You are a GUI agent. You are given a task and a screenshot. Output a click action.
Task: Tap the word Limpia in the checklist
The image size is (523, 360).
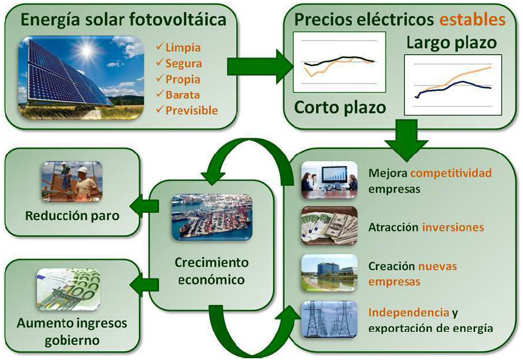point(182,47)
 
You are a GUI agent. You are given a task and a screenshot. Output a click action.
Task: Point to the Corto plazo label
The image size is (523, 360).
point(340,107)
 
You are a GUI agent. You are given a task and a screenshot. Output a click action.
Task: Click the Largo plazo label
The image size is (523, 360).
point(451,43)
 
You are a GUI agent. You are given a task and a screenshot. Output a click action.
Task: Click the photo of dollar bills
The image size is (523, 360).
point(329,226)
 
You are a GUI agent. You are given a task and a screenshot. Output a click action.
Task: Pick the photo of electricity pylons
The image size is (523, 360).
point(329,320)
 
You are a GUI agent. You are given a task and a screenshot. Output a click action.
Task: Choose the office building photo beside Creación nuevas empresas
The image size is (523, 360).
point(329,273)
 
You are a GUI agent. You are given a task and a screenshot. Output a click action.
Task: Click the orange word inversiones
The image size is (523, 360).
point(453,227)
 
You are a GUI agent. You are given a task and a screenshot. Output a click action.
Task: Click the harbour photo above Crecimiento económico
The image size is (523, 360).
point(211,216)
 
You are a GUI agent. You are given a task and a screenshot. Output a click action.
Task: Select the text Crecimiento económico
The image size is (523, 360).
point(212,271)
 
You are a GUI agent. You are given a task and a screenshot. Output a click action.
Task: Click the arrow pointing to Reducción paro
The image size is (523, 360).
point(139,205)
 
